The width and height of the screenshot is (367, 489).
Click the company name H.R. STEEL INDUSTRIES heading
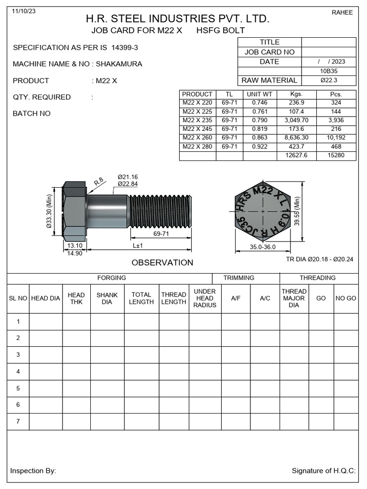click(x=177, y=19)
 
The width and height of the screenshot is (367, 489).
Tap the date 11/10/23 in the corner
click(x=22, y=11)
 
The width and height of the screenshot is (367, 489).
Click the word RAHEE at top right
click(x=342, y=12)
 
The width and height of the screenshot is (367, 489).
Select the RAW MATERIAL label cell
click(x=270, y=80)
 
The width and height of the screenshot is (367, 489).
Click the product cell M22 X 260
click(x=197, y=138)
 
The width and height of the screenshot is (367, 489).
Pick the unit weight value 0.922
click(x=259, y=147)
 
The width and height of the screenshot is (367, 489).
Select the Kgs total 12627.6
click(x=296, y=156)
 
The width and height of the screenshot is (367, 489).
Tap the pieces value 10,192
click(x=336, y=138)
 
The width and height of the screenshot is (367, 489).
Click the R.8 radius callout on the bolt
click(x=99, y=181)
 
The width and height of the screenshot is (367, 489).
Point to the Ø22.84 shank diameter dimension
click(x=128, y=184)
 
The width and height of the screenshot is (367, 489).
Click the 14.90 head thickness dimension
click(x=75, y=254)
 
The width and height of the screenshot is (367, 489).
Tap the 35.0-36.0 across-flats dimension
click(x=263, y=247)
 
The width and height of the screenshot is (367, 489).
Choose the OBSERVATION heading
click(x=162, y=263)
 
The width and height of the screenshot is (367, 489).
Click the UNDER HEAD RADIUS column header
click(x=205, y=298)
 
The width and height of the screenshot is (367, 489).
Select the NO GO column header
click(x=345, y=298)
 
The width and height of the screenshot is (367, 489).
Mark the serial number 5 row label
click(x=18, y=388)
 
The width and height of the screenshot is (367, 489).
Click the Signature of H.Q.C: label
click(x=324, y=471)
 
